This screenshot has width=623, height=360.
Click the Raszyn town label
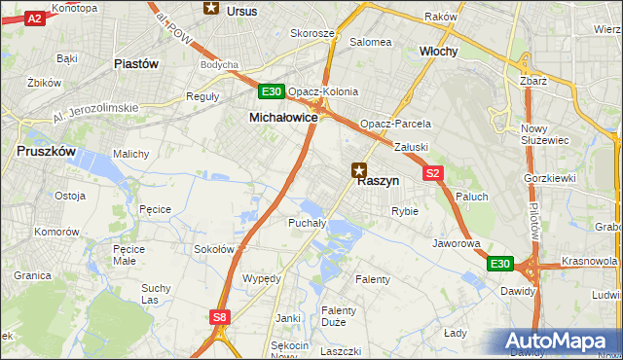click(x=378, y=181)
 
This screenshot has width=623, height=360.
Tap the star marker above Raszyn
click(x=360, y=169)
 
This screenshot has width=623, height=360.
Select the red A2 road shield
click(x=35, y=18)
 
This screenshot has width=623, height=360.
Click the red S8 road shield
click(x=220, y=316)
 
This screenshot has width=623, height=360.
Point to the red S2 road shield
click(x=434, y=173)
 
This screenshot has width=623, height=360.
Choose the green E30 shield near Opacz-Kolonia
click(x=272, y=91)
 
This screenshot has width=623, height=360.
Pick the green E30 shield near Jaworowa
click(x=499, y=264)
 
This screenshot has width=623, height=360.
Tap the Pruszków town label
click(x=47, y=152)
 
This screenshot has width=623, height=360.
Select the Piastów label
click(x=136, y=63)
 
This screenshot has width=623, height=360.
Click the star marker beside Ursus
click(x=211, y=9)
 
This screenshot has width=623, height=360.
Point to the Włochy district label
click(x=438, y=51)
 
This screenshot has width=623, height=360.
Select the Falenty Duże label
click(x=339, y=317)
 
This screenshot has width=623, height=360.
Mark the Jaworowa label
click(x=458, y=243)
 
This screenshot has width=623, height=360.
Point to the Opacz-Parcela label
click(x=395, y=125)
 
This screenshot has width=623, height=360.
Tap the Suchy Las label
click(x=156, y=294)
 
